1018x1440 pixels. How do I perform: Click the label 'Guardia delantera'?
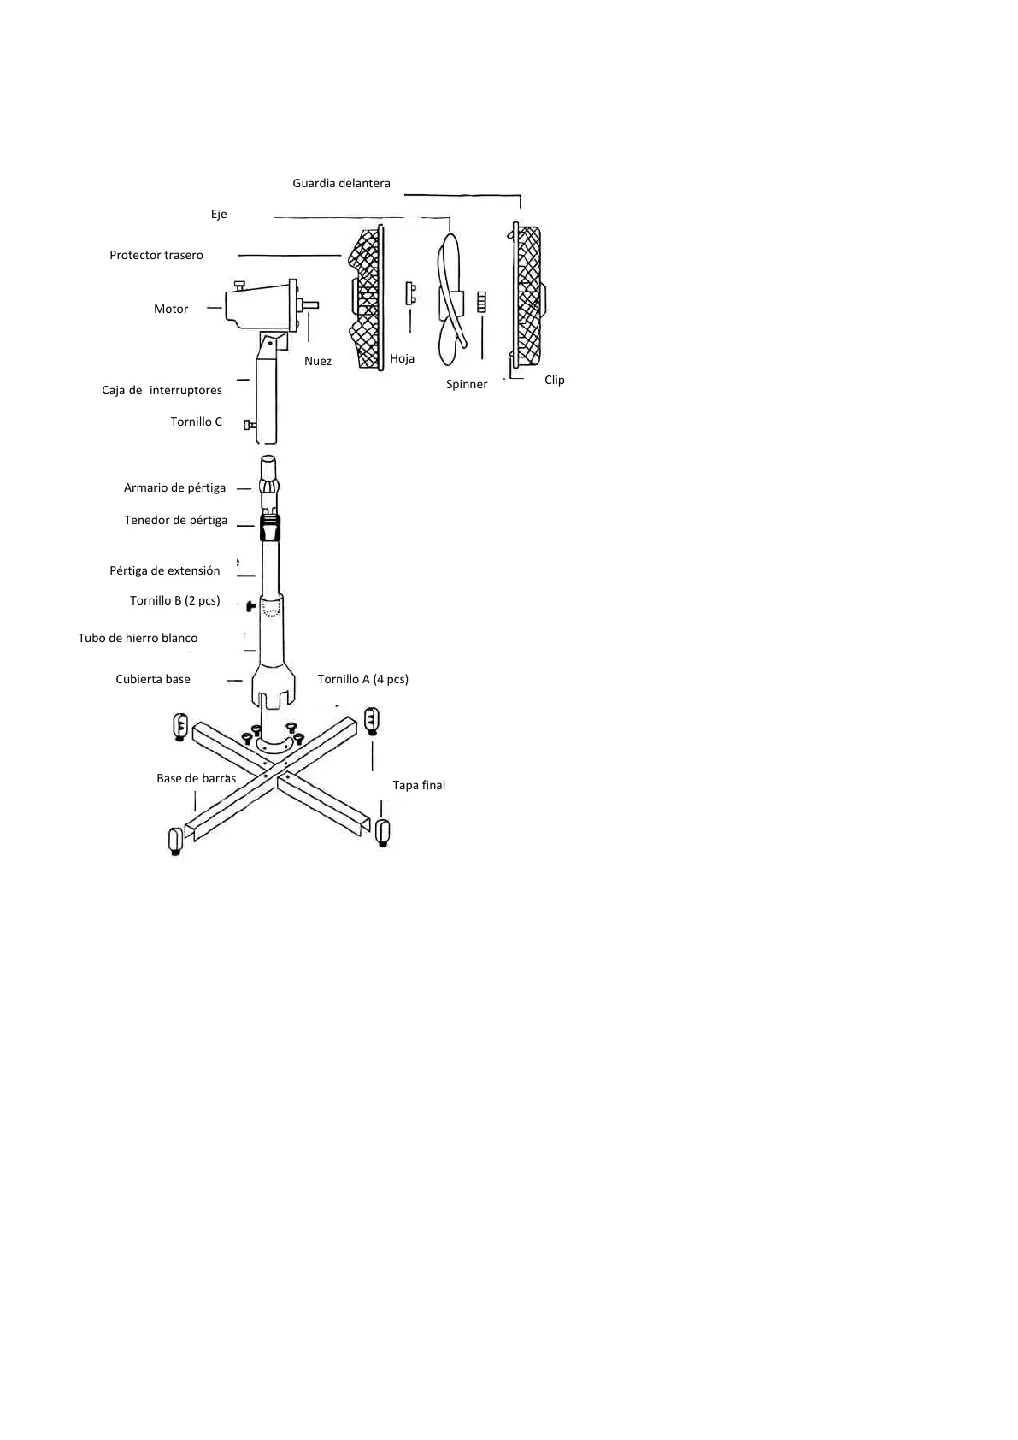(x=341, y=183)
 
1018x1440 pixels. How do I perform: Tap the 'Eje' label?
(x=219, y=214)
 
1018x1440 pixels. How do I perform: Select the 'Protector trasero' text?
(x=156, y=255)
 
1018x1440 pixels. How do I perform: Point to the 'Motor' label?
(x=171, y=309)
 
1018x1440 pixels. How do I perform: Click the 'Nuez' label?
(x=318, y=361)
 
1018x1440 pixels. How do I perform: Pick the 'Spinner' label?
(x=467, y=384)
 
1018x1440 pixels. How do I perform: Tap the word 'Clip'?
(x=555, y=380)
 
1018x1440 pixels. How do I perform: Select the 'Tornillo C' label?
(x=196, y=422)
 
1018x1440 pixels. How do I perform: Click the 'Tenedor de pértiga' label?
(x=176, y=520)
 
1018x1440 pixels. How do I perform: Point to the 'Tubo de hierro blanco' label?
(x=138, y=638)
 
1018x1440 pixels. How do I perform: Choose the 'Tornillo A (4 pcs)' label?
(x=363, y=679)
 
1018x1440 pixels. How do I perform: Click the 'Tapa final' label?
(x=419, y=785)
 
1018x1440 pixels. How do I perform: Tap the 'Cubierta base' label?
(x=153, y=679)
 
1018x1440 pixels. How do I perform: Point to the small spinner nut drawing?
(x=481, y=302)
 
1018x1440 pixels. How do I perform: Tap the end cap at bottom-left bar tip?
(x=176, y=840)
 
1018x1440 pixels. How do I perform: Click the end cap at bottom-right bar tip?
(x=382, y=831)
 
